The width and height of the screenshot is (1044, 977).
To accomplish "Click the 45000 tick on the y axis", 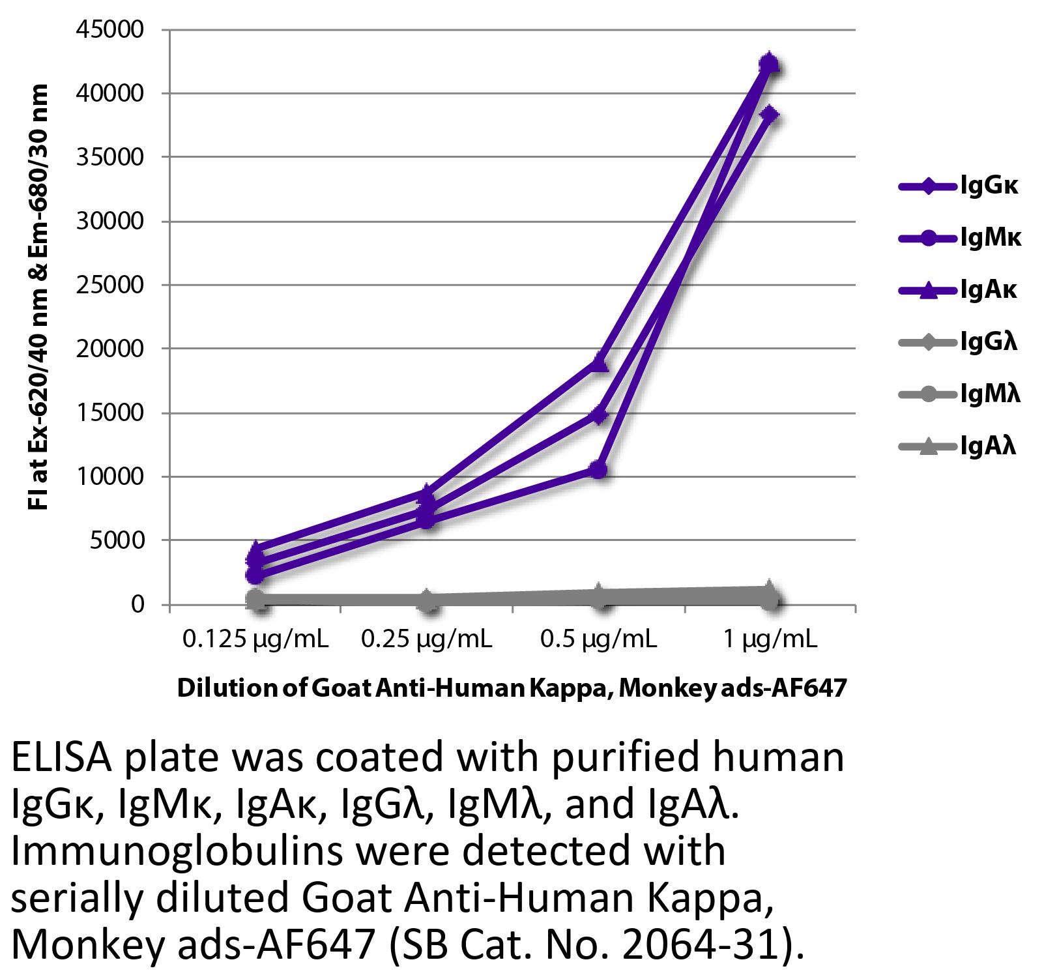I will point(112,30).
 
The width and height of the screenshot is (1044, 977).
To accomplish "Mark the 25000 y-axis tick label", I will point(112,285).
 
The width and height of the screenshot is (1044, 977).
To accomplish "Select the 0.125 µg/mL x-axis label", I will point(255,639).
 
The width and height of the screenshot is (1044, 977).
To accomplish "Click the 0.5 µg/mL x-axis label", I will point(598,639).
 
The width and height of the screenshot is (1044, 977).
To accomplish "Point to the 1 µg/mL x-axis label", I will point(769,639).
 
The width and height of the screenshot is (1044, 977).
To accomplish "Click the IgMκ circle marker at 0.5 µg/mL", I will point(599,469).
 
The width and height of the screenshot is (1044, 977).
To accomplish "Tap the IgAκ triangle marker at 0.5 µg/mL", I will point(599,363).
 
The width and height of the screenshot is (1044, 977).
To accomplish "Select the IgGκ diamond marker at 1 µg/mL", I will point(770,115).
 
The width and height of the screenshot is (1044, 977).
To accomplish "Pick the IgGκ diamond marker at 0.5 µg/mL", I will point(599,415).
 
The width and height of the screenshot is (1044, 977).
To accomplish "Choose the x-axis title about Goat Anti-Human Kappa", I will point(512,688).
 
